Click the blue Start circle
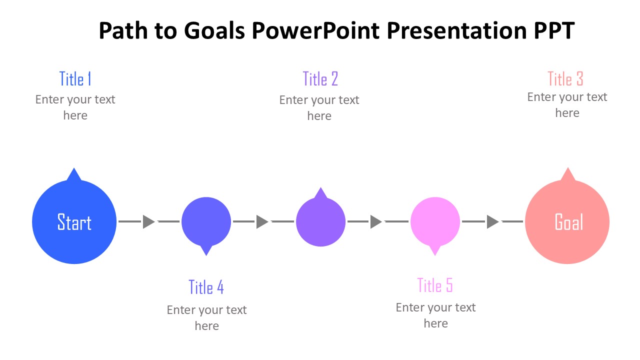(x=74, y=221)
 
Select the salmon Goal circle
(x=567, y=221)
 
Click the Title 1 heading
(x=75, y=78)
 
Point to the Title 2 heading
(x=320, y=78)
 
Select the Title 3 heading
(x=565, y=78)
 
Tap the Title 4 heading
(x=206, y=287)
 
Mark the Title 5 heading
(x=435, y=285)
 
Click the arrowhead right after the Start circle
(x=149, y=221)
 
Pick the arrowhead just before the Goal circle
(x=493, y=221)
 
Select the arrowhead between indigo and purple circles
(x=262, y=221)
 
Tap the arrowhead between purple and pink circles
(x=376, y=221)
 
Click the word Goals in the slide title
(x=214, y=30)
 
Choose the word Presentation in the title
(x=456, y=30)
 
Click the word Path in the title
(x=123, y=30)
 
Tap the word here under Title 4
(x=207, y=326)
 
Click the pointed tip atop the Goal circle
(x=567, y=167)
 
